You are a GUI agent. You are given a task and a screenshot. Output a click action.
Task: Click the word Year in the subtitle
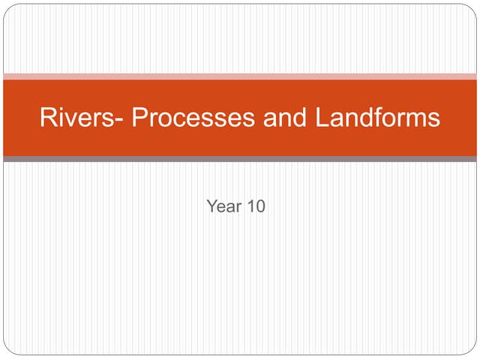[222, 206]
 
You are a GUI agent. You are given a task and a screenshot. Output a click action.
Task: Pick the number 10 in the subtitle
[256, 206]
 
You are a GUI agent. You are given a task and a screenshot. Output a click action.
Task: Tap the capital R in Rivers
[48, 118]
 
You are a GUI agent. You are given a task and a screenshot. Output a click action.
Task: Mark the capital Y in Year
[211, 206]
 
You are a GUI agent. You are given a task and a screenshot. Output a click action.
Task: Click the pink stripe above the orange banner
[240, 76]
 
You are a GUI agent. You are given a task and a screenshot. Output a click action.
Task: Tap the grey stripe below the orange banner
[240, 159]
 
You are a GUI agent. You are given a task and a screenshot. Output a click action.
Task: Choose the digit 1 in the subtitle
[250, 206]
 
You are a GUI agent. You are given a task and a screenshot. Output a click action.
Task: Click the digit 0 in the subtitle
[260, 206]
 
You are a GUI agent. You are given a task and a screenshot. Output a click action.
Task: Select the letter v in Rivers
[71, 120]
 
